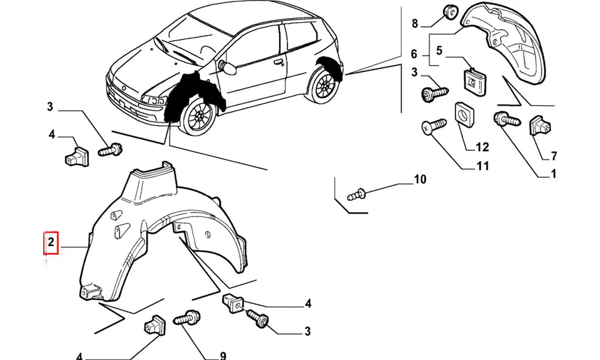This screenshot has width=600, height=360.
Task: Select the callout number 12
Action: tap(482, 147)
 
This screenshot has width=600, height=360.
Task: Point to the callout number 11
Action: tap(482, 166)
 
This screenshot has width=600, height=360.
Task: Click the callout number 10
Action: tap(419, 179)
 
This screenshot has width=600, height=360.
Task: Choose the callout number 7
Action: tap(553, 157)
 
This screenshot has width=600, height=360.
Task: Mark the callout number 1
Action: tap(553, 175)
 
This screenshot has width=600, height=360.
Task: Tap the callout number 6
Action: tap(414, 55)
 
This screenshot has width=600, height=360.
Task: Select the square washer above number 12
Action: tap(463, 114)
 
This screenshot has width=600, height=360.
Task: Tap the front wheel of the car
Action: tap(197, 118)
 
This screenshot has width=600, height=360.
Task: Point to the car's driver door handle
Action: tap(278, 61)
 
